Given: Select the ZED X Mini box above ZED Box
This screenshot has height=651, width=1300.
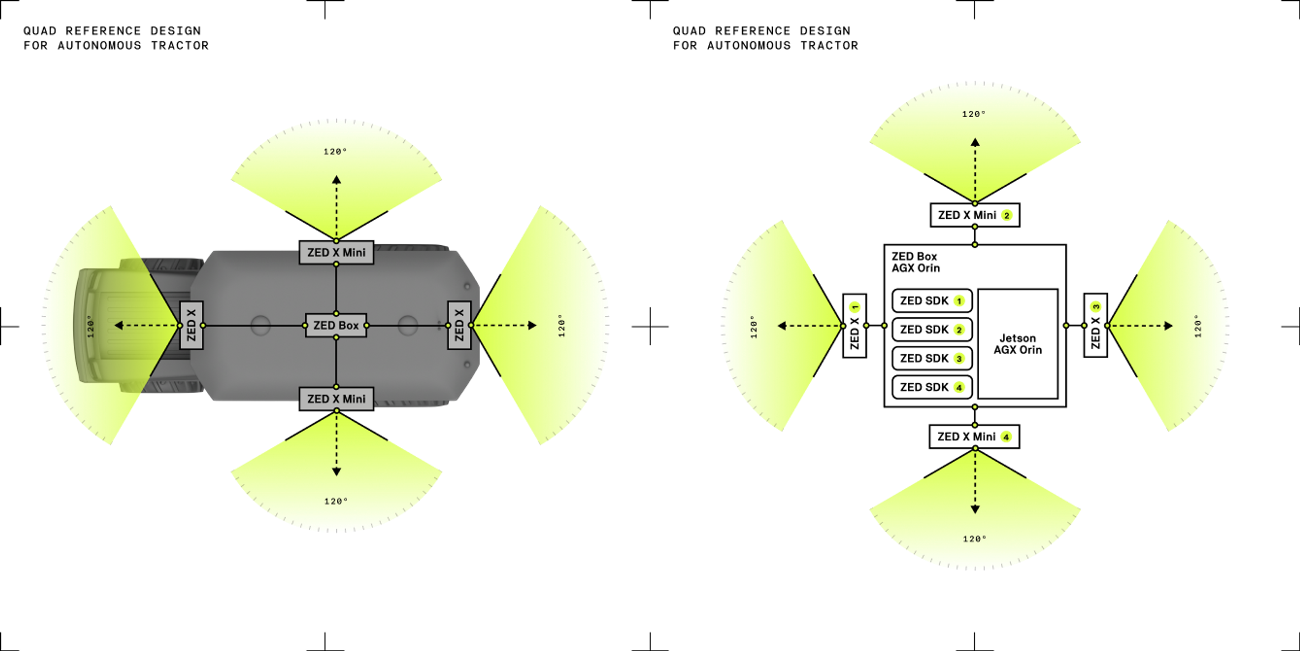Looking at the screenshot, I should [x=336, y=253].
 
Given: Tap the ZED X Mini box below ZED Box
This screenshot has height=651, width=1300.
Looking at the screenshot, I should [x=336, y=399].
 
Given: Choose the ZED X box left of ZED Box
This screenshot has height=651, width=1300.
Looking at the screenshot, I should [x=191, y=325].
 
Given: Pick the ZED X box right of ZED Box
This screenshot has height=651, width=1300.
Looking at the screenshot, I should [x=459, y=325].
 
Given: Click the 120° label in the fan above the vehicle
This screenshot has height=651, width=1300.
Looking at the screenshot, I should [x=335, y=151].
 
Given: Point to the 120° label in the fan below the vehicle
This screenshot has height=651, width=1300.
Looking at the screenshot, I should [x=335, y=501].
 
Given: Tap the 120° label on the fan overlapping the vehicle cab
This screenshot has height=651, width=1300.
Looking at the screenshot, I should [x=90, y=326].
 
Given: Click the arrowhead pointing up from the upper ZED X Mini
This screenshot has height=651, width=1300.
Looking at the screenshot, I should [x=337, y=179].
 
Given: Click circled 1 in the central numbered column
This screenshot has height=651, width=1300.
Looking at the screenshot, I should [x=959, y=301].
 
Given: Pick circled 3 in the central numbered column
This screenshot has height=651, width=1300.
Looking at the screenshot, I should [x=959, y=359].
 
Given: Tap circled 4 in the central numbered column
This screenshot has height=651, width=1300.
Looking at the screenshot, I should [x=959, y=387].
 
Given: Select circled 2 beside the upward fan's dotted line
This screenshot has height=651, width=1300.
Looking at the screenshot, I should [x=1007, y=215].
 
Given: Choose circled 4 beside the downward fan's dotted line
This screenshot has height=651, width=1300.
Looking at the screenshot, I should [x=1006, y=437].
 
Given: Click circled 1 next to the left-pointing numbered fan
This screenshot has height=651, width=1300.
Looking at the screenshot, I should [x=854, y=307].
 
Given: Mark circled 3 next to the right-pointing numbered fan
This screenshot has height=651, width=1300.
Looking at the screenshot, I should [x=1096, y=307].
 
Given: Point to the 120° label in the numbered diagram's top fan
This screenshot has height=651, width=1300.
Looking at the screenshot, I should [x=974, y=114].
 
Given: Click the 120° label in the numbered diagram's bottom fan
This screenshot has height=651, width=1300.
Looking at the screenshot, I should [x=974, y=539].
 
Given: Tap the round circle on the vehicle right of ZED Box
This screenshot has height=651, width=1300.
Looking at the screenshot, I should [x=408, y=325].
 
